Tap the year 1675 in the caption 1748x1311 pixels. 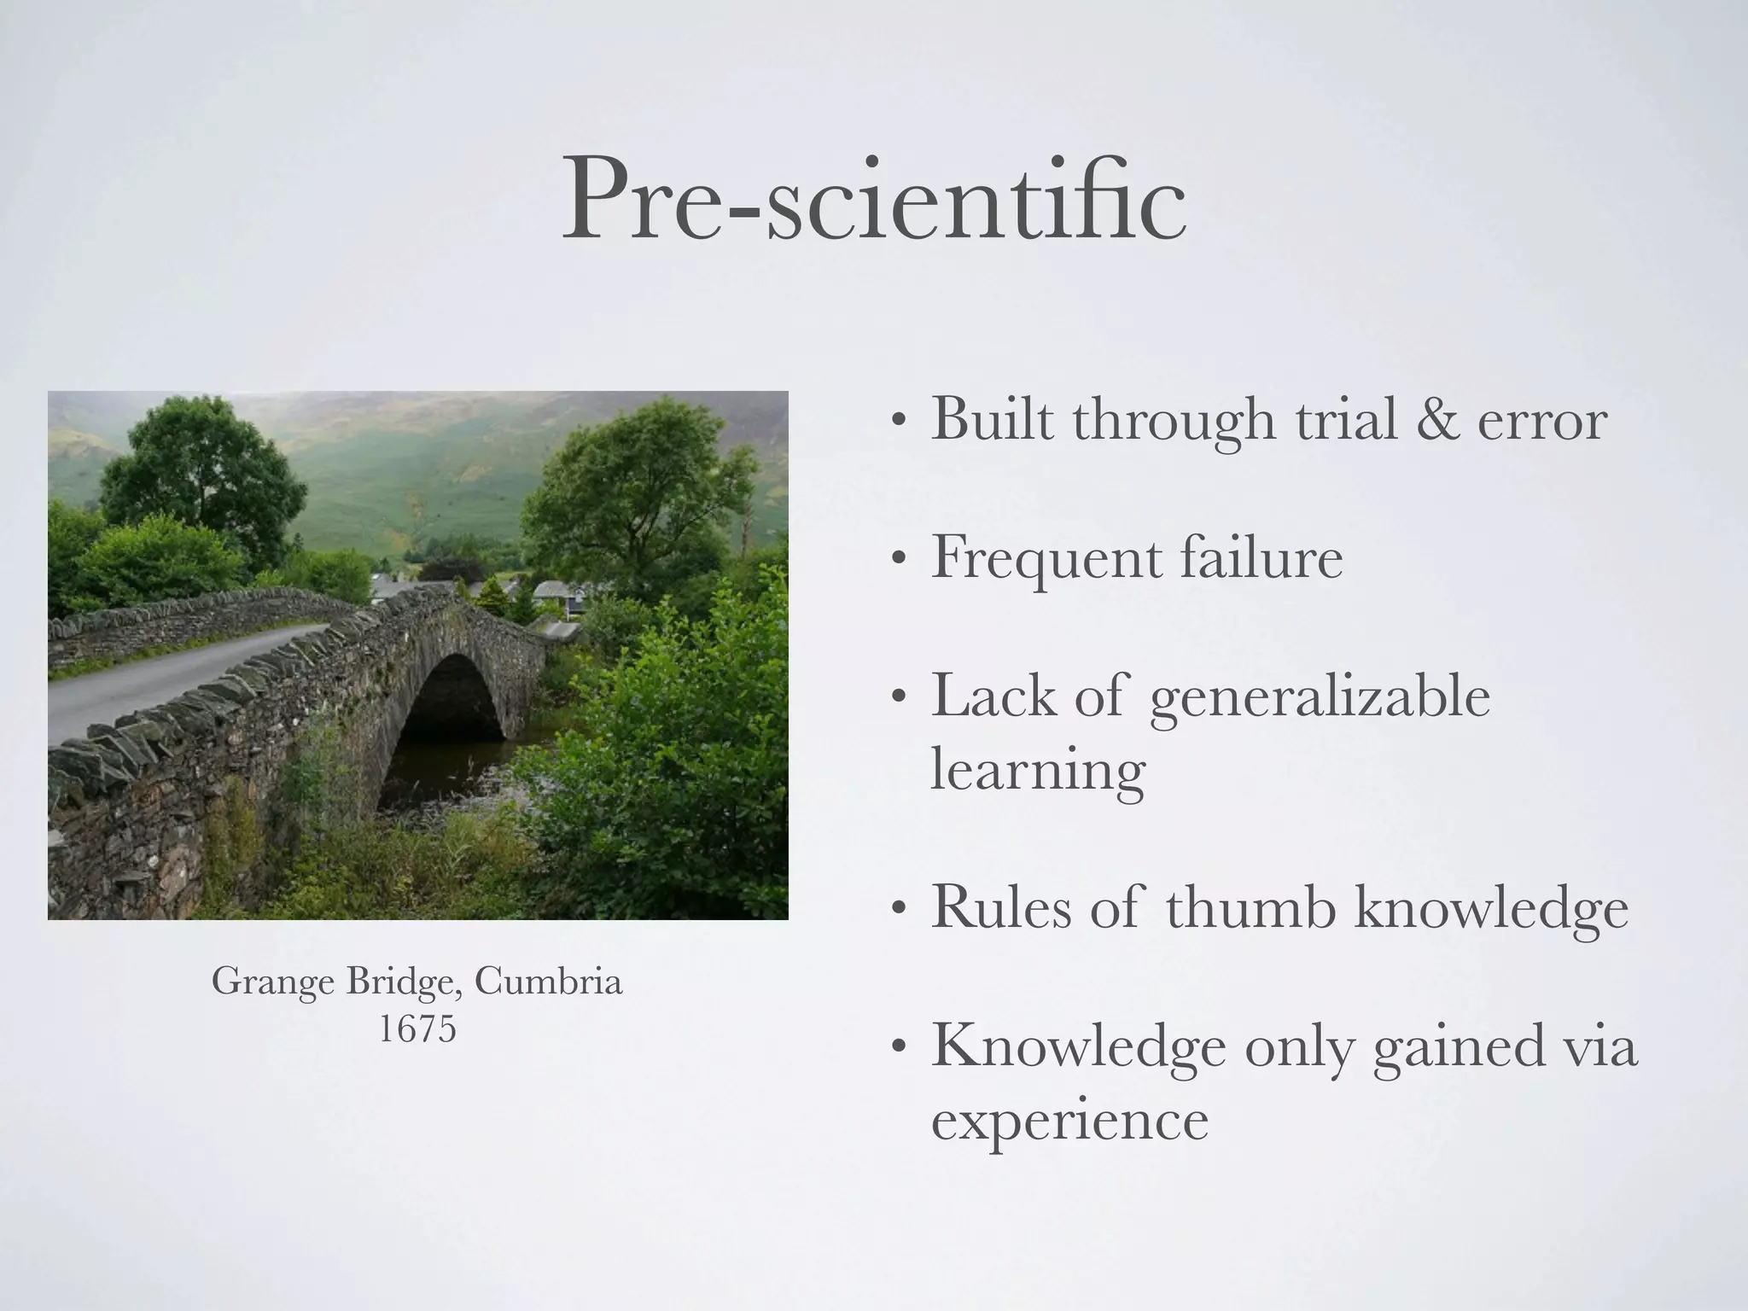(x=417, y=1029)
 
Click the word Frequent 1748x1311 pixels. (x=1046, y=560)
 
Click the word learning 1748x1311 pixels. (x=1038, y=772)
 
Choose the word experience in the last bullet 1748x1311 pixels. (x=1069, y=1122)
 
